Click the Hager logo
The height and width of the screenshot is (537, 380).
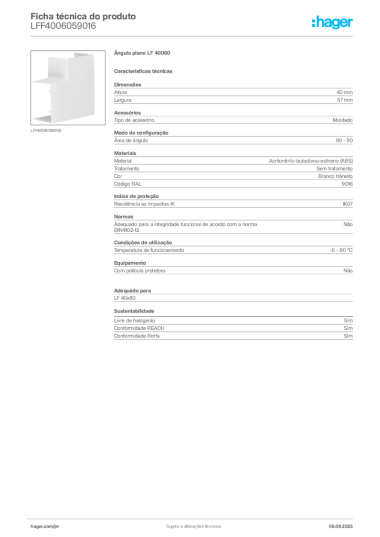[x=332, y=22]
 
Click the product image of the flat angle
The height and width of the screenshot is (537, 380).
[x=68, y=88]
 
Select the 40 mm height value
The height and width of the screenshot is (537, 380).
[x=344, y=92]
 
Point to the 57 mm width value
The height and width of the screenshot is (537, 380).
[x=345, y=100]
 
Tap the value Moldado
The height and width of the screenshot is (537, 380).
[x=343, y=120]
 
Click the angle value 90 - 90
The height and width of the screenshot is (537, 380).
[x=344, y=141]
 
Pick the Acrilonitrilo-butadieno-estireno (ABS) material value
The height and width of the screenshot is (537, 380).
[x=311, y=161]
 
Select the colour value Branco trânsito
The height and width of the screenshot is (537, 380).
[x=335, y=176]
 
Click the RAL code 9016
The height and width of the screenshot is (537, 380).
[x=347, y=184]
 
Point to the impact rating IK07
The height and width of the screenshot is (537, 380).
[x=347, y=204]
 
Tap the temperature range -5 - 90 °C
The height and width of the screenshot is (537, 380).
[x=341, y=250]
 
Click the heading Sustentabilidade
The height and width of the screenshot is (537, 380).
[x=134, y=311]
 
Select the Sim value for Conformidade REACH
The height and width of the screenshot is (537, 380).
[x=348, y=328]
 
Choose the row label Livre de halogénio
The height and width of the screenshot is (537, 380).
[x=134, y=320]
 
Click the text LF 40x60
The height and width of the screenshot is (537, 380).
[x=125, y=298]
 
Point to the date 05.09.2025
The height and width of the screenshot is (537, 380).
[x=341, y=527]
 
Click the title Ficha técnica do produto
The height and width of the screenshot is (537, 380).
[x=83, y=16]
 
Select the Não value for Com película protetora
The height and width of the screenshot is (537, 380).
[x=348, y=271]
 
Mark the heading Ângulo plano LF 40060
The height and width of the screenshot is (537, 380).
[x=142, y=53]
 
